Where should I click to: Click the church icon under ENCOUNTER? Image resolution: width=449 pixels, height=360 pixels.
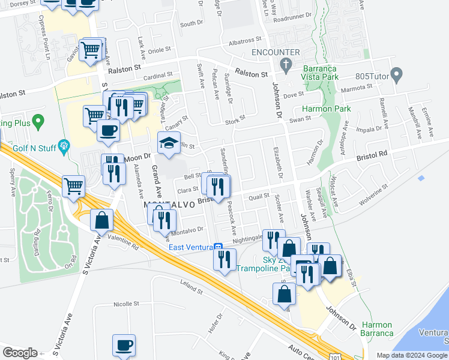(x=285, y=64)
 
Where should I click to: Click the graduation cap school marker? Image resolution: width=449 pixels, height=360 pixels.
(x=168, y=143)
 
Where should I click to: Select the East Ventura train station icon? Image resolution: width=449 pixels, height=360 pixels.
(x=220, y=247)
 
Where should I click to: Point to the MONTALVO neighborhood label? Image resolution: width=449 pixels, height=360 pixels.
(x=170, y=205)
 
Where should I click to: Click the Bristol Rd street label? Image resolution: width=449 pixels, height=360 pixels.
(x=372, y=154)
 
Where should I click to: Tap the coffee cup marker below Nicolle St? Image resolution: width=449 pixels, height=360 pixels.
(x=124, y=345)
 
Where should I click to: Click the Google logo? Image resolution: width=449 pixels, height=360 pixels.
(x=20, y=353)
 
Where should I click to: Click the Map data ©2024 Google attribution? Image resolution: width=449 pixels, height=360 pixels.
(x=412, y=355)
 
